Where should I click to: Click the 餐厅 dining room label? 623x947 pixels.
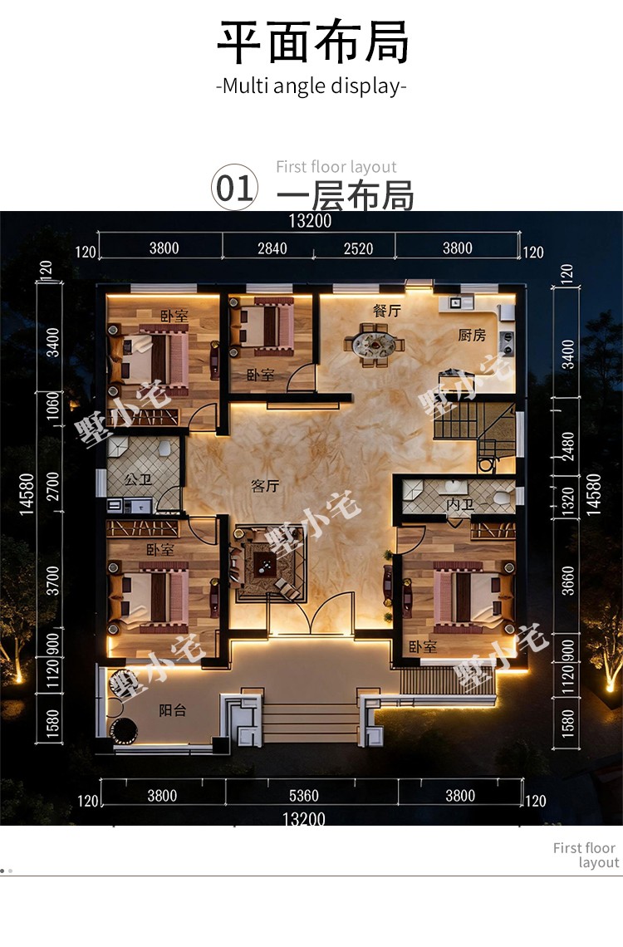(x=386, y=311)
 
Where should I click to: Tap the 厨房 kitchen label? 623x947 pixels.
(x=472, y=335)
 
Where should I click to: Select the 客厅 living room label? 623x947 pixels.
(x=265, y=486)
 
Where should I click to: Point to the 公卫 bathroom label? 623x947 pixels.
(x=138, y=479)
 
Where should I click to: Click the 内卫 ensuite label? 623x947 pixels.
(x=459, y=504)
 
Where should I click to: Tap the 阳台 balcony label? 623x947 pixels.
(x=173, y=710)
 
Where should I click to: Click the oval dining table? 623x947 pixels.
(x=375, y=345)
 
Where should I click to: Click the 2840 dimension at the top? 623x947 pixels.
(x=272, y=248)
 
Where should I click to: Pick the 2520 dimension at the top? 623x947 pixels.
(x=358, y=249)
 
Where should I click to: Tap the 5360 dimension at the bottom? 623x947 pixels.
(x=304, y=796)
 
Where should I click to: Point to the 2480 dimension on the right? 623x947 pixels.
(x=568, y=446)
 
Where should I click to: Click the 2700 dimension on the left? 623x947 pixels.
(x=53, y=487)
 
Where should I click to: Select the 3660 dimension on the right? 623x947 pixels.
(x=568, y=581)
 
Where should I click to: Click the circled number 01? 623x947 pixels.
(x=234, y=187)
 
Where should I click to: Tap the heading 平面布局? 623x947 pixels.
(x=312, y=42)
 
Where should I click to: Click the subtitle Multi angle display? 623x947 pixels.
(x=311, y=86)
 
